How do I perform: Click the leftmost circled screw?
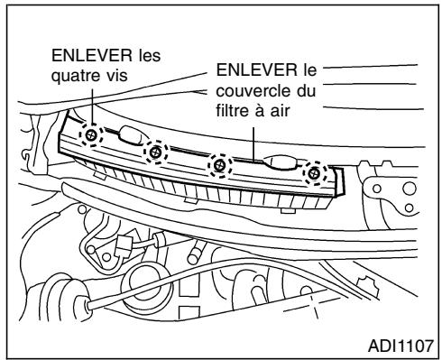pyautogui.click(x=91, y=135)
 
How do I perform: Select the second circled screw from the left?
pyautogui.click(x=155, y=153)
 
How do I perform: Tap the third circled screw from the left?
pyautogui.click(x=218, y=164)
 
